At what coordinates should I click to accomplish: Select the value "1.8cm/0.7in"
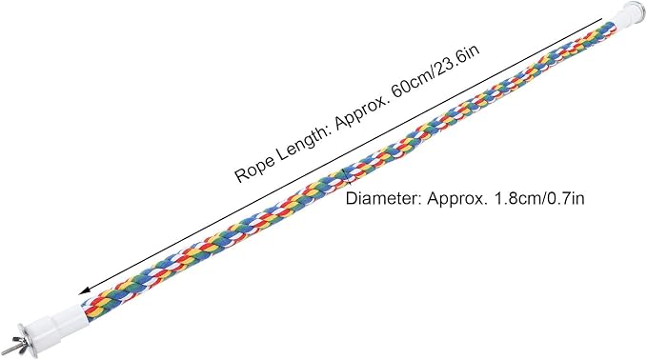pos(536,199)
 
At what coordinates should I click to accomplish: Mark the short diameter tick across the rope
pos(347,176)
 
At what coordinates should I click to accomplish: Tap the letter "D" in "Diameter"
pos(351,199)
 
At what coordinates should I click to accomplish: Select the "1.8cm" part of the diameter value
pos(514,199)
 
